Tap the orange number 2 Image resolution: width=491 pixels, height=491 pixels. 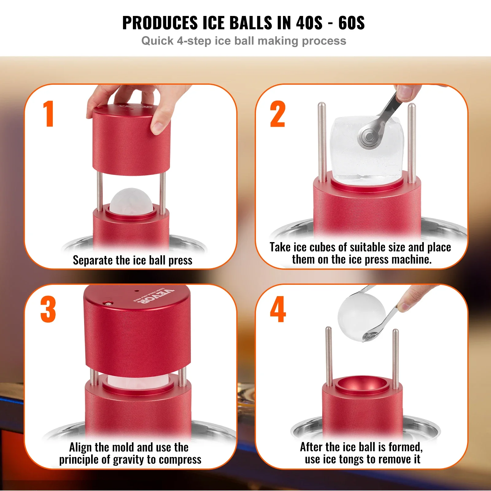click(x=277, y=114)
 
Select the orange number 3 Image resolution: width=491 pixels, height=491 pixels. click(x=48, y=309)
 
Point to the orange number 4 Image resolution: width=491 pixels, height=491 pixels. click(x=278, y=309)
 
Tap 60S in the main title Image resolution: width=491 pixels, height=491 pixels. click(x=351, y=23)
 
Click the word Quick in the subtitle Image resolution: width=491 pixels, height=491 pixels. click(x=157, y=41)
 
